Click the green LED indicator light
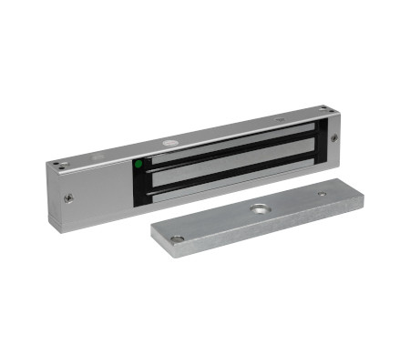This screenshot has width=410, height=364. click(x=138, y=165)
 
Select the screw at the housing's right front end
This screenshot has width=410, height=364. click(x=333, y=138)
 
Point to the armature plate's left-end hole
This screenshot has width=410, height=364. click(x=179, y=239)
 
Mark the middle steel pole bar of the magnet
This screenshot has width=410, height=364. click(x=228, y=164)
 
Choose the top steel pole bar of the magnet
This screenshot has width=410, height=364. click(x=228, y=144)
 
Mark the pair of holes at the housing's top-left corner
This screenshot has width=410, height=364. click(x=60, y=165)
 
